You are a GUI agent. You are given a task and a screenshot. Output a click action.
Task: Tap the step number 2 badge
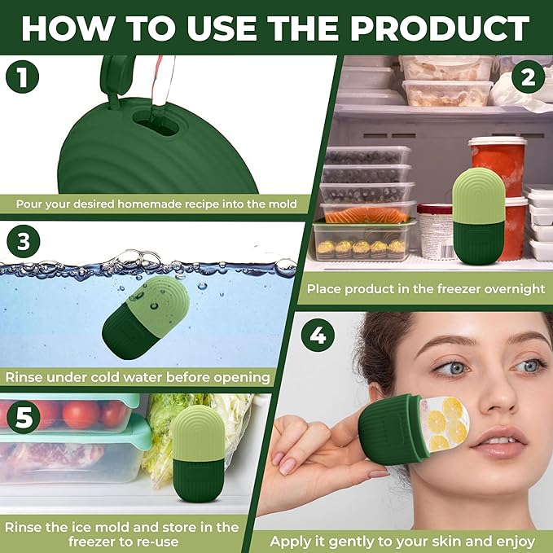click(x=529, y=80)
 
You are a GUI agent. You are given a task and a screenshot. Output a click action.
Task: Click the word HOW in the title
click(x=66, y=29)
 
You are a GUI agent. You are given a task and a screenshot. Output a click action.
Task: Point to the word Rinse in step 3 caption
click(x=28, y=377)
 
